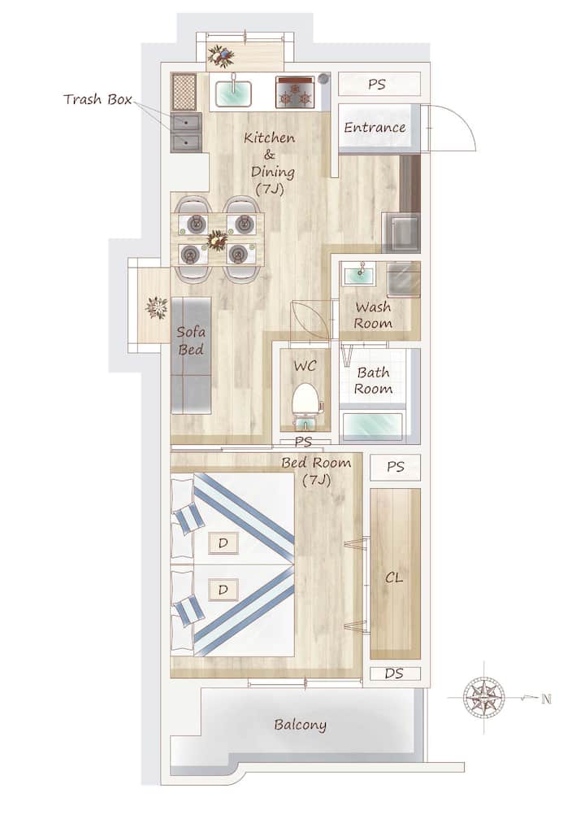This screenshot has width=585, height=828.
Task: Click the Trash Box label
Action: point(97,99)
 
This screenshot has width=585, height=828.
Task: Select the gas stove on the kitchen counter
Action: point(294,92)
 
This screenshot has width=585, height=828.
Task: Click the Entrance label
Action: point(375,127)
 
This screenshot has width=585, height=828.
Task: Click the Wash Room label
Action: point(374,315)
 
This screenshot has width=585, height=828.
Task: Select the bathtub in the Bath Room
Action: point(373,427)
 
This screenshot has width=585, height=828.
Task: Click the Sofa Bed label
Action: point(191,341)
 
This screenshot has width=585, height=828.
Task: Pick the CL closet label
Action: point(394,577)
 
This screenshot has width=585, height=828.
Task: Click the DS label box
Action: point(395,673)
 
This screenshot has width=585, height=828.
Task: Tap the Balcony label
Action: point(300,725)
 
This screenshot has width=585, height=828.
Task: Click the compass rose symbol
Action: point(483,697)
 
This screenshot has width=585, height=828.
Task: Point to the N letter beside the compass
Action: point(547,699)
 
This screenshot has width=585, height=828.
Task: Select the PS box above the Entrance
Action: point(379,85)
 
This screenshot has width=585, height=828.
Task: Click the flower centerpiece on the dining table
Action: point(217,240)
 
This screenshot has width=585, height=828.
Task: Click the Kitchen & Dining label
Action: point(270,163)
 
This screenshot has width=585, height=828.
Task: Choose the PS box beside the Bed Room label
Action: point(396,468)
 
